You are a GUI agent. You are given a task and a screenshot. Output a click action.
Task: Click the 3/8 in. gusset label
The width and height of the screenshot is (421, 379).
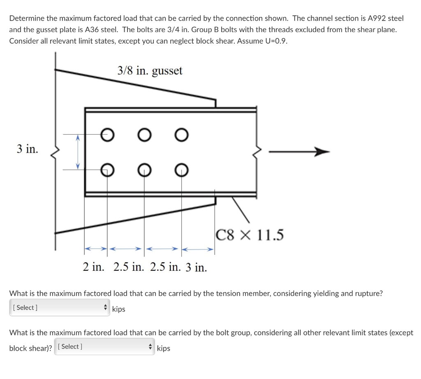coord(150,71)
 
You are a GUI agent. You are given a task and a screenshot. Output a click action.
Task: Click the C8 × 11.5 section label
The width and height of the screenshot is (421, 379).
coord(250,235)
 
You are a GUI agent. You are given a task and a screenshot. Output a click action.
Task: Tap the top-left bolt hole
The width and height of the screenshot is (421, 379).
coord(107,134)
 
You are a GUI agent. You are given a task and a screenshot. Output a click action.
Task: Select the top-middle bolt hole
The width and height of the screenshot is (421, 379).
coord(144,134)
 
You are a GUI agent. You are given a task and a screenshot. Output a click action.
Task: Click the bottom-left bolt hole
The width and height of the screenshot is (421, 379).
coord(107,169)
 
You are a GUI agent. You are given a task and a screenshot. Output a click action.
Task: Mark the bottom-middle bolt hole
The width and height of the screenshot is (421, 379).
coord(144,169)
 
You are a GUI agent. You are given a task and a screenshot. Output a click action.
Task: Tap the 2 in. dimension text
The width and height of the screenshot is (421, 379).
coord(93,267)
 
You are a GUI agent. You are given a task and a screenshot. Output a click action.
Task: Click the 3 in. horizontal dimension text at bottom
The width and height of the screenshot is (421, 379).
coord(196,267)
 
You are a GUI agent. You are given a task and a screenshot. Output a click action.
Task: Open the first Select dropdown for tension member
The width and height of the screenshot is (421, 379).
coord(59,308)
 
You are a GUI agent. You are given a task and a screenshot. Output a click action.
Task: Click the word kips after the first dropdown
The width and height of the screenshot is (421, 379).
coord(118,309)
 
